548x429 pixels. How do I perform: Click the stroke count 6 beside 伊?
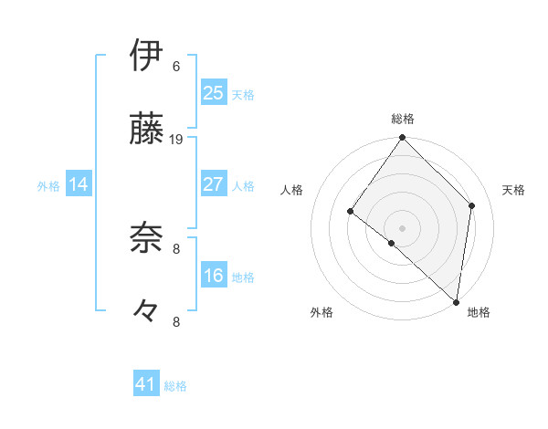pos(176,66)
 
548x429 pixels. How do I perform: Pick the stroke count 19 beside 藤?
pos(176,139)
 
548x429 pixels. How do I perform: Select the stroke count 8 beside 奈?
pos(176,247)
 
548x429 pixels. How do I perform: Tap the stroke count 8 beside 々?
pos(176,321)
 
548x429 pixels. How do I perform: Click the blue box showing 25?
pos(214,93)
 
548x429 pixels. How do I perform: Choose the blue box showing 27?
pos(214,184)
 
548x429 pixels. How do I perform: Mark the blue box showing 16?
pos(214,276)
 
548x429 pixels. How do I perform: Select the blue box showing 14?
pos(79,184)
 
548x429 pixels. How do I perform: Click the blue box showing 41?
pos(147,385)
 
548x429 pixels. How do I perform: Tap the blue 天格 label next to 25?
pos(243,94)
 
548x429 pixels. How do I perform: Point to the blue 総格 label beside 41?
pos(175,386)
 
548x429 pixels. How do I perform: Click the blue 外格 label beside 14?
pos(48,185)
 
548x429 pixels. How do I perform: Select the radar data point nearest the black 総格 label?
pos(402,138)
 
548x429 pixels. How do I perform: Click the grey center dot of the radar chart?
pos(402,227)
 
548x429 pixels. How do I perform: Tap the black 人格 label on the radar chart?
pos(292,190)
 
